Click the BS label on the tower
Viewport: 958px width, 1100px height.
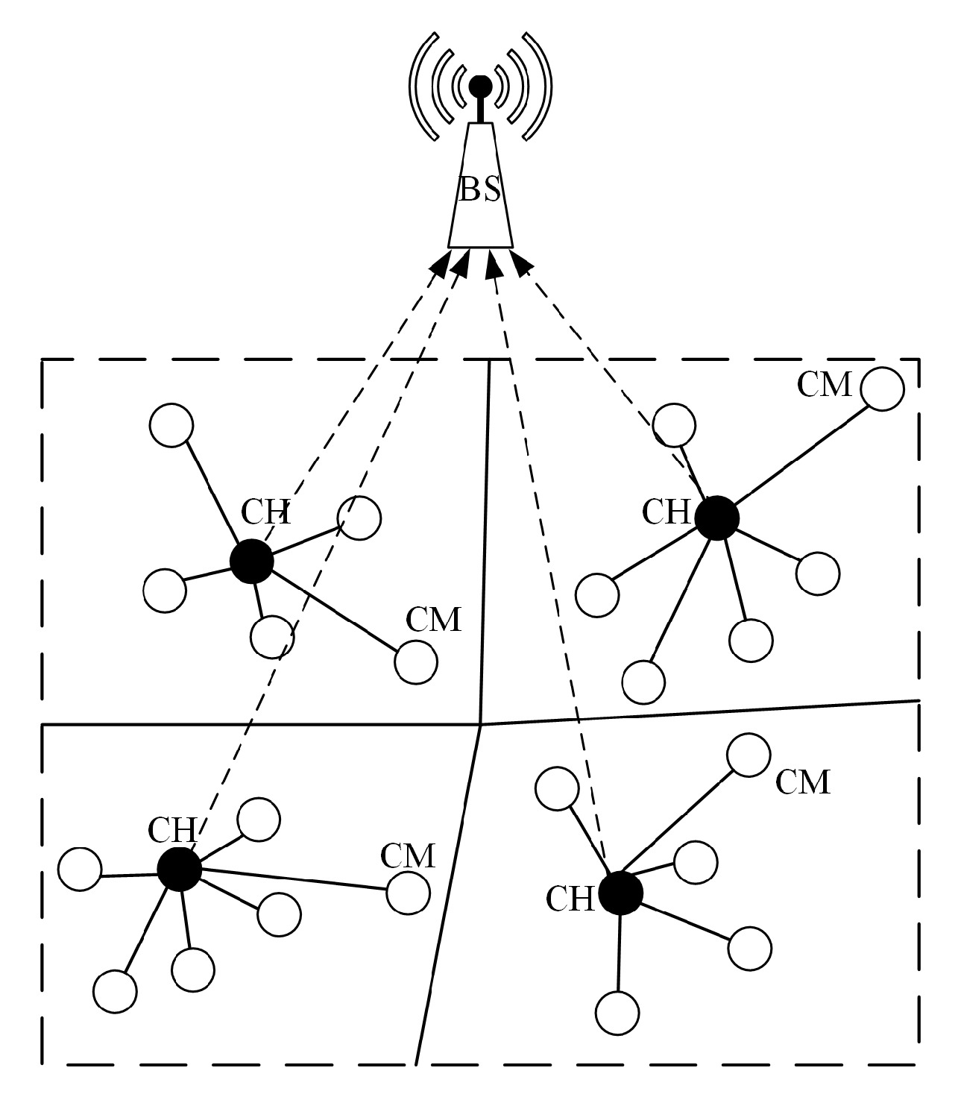(479, 189)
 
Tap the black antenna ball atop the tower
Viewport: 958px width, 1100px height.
(480, 87)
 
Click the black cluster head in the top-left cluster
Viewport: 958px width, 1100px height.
(251, 561)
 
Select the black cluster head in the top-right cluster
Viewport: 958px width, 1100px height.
(716, 518)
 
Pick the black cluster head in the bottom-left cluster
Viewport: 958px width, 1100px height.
(179, 869)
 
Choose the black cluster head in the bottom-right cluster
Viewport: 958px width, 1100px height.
(620, 892)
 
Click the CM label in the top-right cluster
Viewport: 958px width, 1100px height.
(824, 385)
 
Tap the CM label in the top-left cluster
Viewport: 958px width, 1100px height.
(433, 620)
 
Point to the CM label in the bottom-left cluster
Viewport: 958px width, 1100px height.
(407, 857)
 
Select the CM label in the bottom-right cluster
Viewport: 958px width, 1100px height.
(802, 782)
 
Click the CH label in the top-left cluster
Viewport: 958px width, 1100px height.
(265, 512)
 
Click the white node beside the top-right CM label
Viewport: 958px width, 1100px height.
(882, 389)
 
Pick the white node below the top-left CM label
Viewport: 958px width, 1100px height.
(415, 662)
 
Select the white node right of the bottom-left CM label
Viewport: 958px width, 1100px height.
(409, 893)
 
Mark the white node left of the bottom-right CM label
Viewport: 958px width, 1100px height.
(748, 755)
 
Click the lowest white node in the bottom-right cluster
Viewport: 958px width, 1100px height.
(617, 1013)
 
